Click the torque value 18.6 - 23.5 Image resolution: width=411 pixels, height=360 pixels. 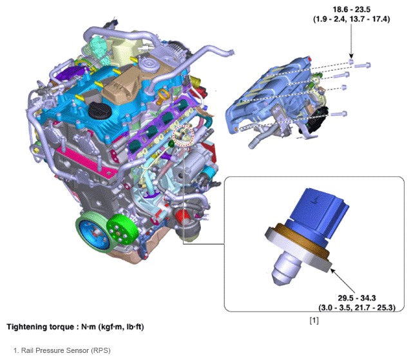point(352,10)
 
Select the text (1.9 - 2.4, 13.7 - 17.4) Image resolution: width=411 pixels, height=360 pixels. point(352,19)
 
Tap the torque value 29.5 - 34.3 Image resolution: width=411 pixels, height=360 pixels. point(357,298)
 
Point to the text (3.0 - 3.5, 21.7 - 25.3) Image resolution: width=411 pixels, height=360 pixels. point(357,307)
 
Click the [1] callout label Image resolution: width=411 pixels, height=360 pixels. point(314,320)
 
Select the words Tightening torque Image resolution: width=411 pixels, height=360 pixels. point(40,327)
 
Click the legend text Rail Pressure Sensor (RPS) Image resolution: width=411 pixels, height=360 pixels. point(66,350)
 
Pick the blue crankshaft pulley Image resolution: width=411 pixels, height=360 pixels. point(94,232)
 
